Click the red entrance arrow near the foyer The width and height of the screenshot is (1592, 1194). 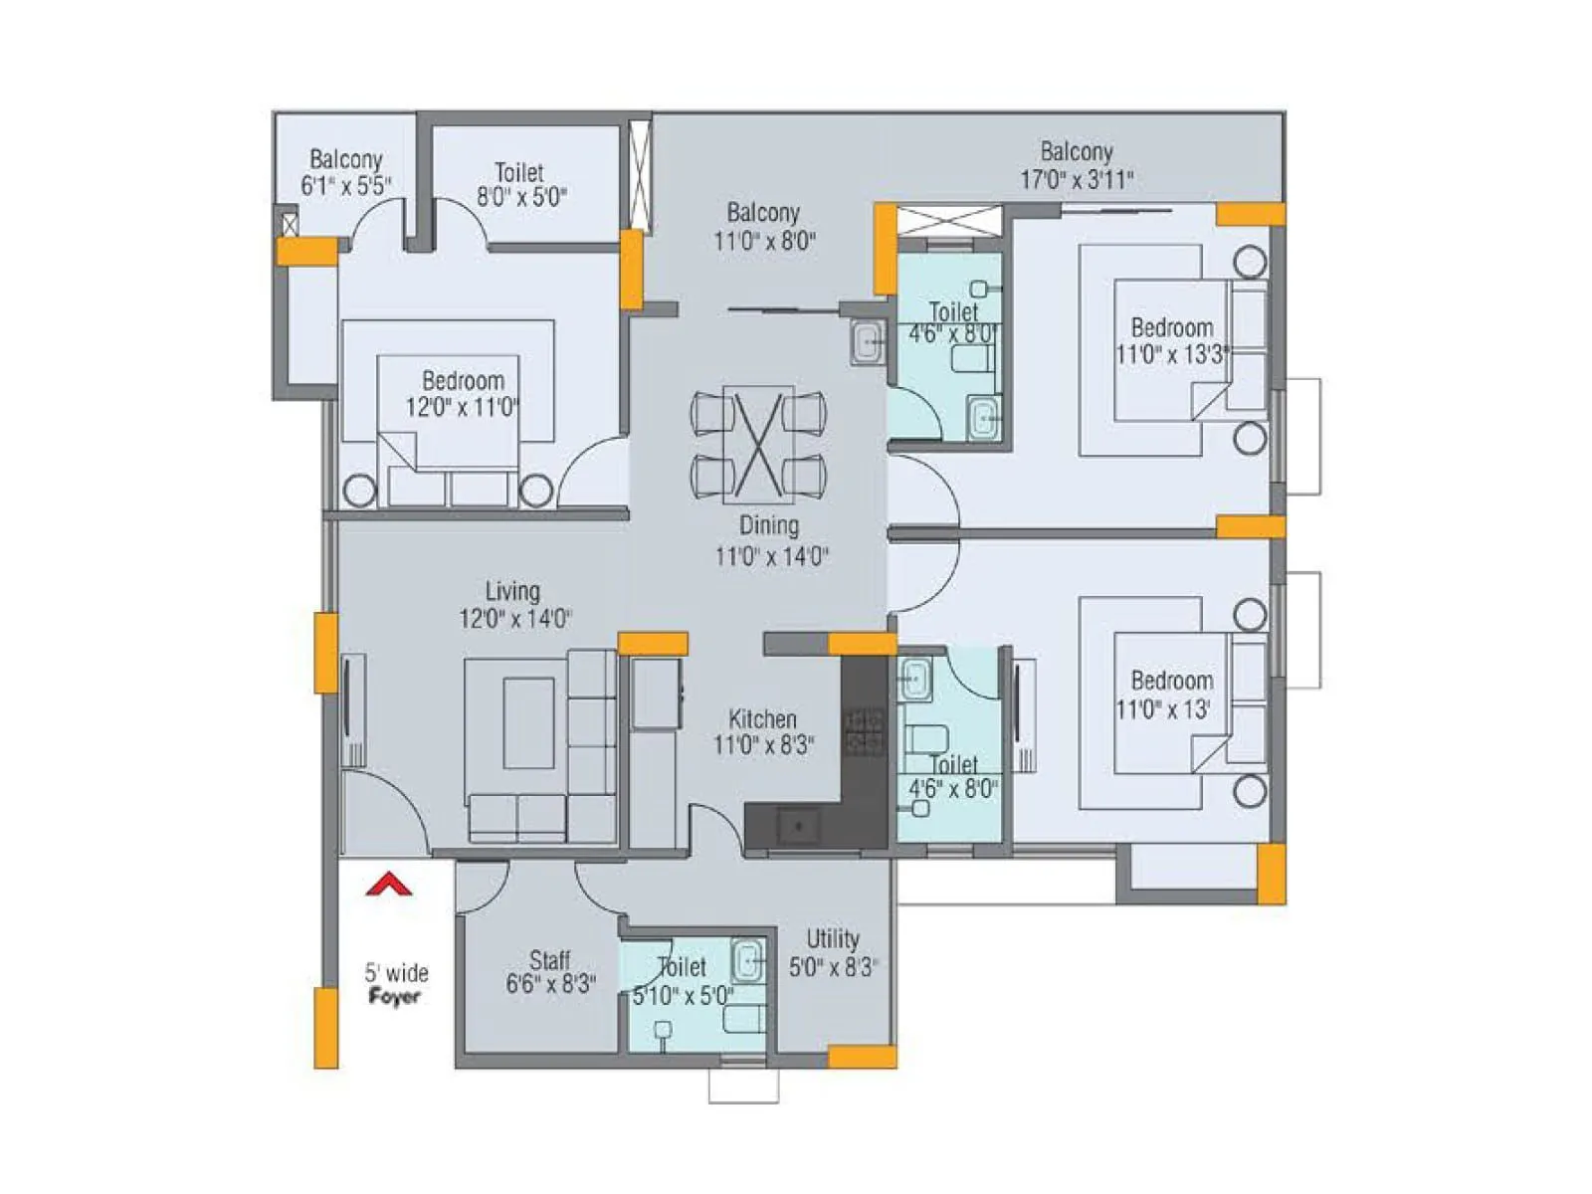coord(389,884)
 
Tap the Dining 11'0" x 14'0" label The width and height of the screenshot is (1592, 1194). coord(770,541)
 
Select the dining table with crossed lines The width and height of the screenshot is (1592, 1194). coord(758,442)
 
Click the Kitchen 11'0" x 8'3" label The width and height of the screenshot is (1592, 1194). coord(763,732)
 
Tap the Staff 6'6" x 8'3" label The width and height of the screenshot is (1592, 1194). coord(550,972)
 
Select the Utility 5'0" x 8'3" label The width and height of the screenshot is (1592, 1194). coord(833,952)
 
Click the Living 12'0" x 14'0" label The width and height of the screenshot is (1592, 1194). coord(514,605)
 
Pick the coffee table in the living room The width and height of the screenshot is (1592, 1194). coord(528,722)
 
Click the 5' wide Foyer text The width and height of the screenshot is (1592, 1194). coord(395,984)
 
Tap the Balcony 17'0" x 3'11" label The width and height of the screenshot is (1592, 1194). coord(1077,165)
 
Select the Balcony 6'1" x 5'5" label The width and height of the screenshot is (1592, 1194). coord(345,172)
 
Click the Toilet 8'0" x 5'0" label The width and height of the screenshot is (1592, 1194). coord(520,184)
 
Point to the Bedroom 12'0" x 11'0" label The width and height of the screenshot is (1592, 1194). coord(462,393)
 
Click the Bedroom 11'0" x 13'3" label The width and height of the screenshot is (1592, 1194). coord(1172,340)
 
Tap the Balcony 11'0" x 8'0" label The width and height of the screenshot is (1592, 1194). coord(763,226)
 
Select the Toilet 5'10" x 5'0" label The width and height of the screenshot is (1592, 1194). coord(683,980)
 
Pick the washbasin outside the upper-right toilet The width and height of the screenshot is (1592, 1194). coord(869,343)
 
